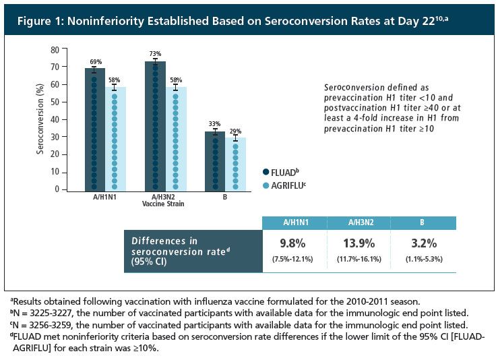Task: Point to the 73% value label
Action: pos(155,53)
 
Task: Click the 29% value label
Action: pos(236,131)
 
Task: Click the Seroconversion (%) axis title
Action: pos(40,120)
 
